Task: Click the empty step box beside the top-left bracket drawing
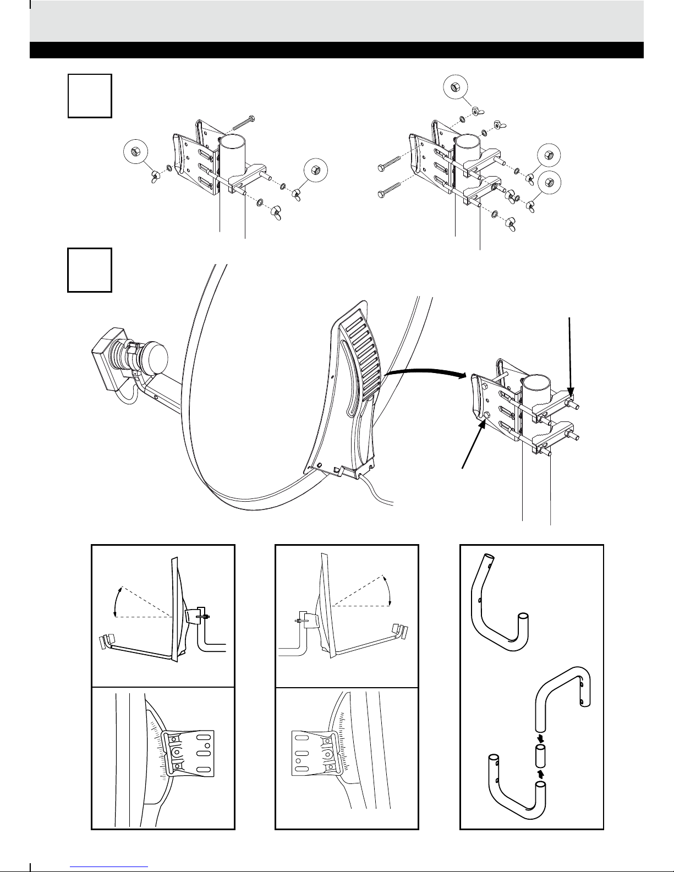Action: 90,96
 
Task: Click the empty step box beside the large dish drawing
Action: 90,270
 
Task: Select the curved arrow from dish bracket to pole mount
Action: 424,374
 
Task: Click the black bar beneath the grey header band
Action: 337,50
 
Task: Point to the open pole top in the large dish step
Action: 535,383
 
